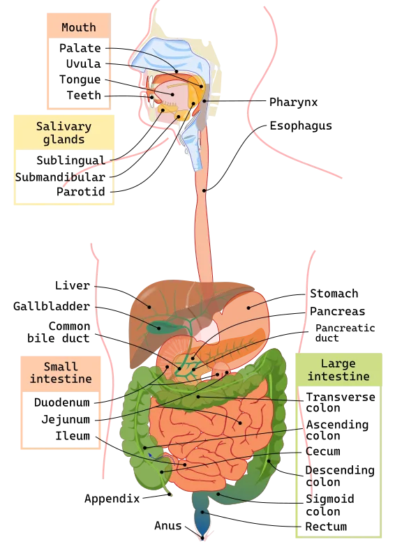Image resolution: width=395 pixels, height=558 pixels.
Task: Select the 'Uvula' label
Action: (83, 63)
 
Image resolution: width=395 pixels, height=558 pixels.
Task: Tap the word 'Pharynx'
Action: (293, 102)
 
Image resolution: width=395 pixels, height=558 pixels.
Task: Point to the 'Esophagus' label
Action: (301, 126)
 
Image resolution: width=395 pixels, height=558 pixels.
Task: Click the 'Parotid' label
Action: (81, 191)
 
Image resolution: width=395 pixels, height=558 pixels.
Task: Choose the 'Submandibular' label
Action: (60, 177)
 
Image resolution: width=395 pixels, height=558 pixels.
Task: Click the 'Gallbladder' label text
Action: (52, 306)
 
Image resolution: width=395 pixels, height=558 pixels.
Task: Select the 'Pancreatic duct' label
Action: (345, 333)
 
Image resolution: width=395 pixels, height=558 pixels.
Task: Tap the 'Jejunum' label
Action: (66, 419)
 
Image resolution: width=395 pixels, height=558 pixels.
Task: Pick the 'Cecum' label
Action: (323, 451)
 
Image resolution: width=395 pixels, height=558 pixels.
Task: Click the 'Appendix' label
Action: (112, 499)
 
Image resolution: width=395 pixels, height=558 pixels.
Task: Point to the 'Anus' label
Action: (167, 526)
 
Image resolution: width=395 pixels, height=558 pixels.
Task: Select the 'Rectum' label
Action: (326, 527)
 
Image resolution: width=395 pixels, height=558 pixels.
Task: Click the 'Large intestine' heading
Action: (338, 370)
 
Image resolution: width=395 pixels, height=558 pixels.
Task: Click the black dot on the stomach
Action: (248, 308)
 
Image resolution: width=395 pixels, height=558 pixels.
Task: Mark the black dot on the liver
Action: (149, 307)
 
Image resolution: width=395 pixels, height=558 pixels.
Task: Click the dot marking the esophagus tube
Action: (204, 190)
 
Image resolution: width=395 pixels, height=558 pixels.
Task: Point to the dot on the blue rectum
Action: (202, 512)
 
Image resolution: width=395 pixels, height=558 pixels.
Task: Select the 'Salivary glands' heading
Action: (64, 133)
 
